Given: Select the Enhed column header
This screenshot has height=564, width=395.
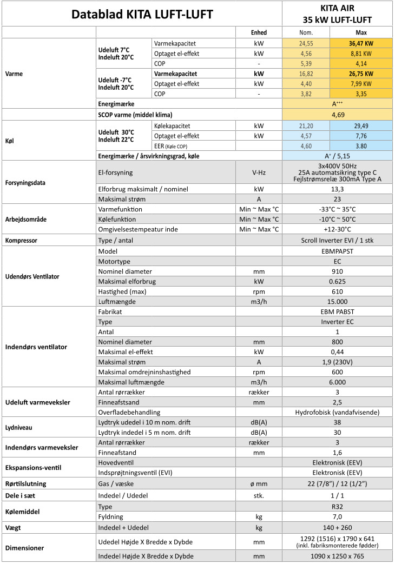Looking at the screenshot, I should (260, 32).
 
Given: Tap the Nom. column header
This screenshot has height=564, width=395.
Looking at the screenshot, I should (306, 32).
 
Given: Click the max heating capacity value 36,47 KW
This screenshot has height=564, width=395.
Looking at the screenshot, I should (360, 43).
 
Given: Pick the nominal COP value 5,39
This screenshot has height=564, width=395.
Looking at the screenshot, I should (306, 63).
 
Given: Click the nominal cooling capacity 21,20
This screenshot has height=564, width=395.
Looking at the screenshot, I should (306, 125).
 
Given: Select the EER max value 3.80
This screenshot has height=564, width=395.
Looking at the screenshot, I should (360, 145).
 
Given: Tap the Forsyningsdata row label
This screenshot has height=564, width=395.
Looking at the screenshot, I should (26, 183).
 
